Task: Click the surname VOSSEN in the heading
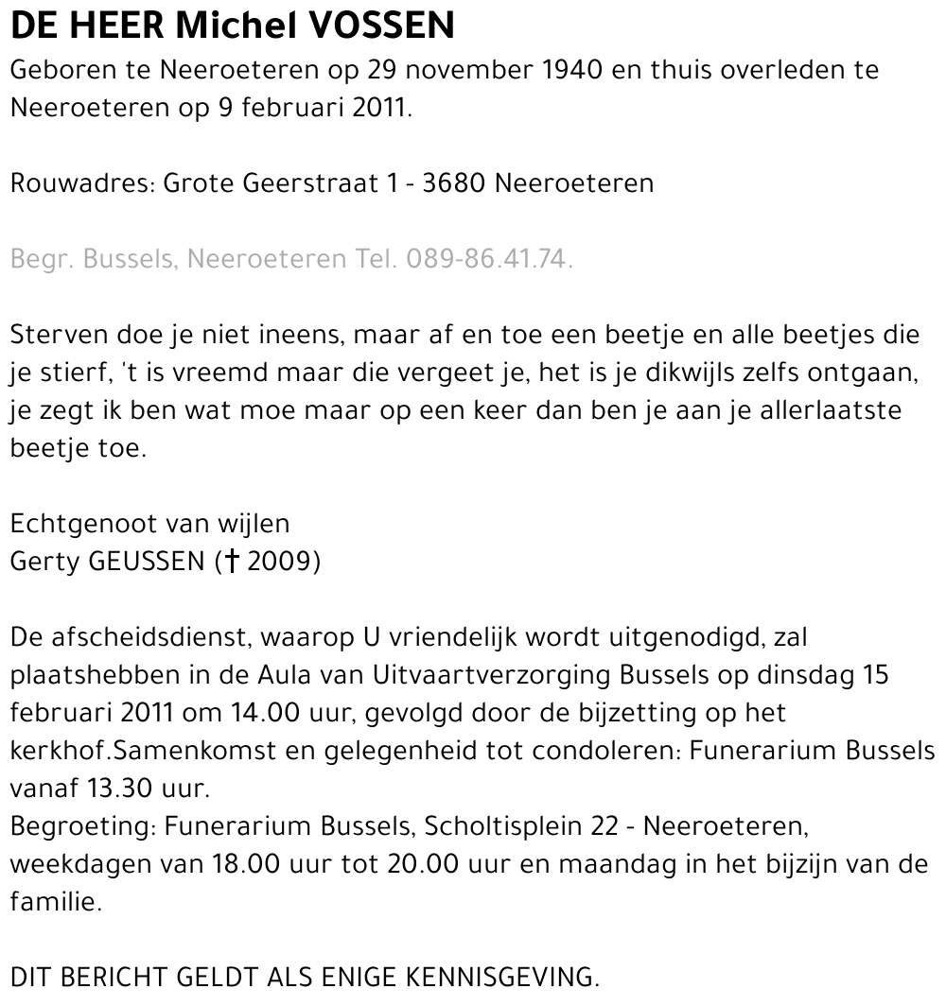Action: coord(382,26)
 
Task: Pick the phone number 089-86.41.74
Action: coord(489,259)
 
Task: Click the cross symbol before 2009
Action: coord(228,562)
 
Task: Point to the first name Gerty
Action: coord(44,562)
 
